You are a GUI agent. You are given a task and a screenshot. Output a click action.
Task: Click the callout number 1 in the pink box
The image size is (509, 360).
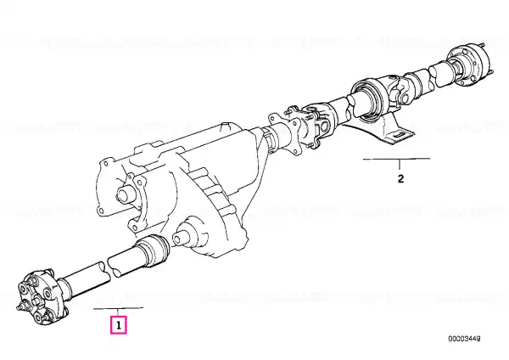click(119, 325)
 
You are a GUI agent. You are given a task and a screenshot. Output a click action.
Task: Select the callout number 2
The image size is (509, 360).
click(400, 178)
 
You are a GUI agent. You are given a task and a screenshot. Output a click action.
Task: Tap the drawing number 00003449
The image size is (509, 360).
click(464, 339)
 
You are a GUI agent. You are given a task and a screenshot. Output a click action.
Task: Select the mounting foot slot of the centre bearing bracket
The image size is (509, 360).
click(399, 134)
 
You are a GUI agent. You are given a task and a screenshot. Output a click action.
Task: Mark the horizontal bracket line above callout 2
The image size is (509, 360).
click(397, 160)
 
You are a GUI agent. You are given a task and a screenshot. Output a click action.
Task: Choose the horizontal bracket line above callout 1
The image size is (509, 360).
click(118, 308)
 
